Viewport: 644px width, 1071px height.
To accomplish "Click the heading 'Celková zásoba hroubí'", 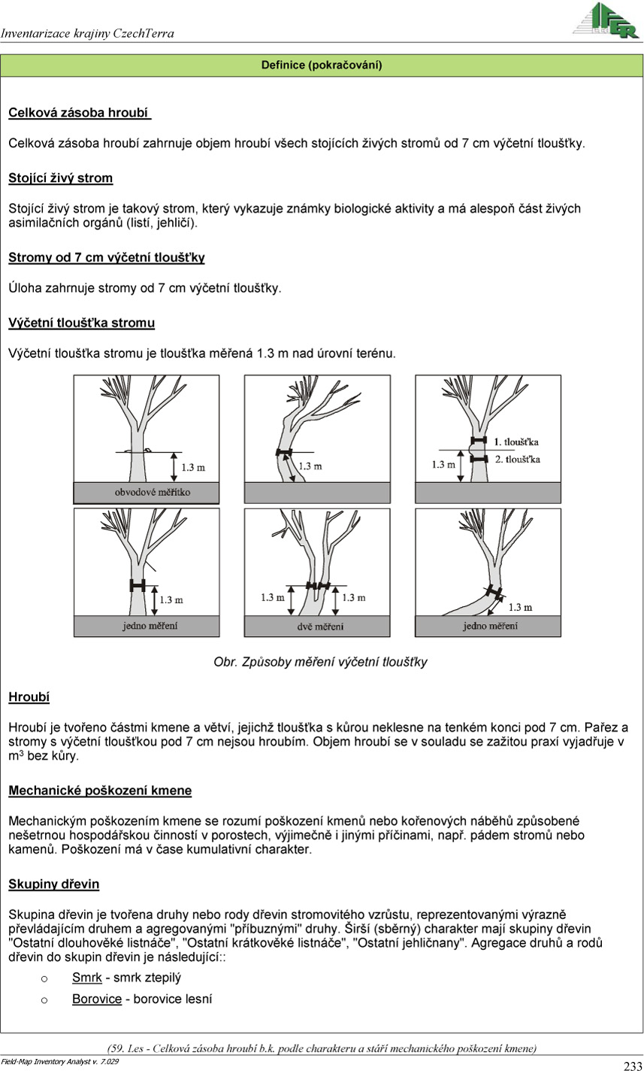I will point(79,114).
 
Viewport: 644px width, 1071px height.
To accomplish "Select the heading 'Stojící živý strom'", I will point(60,178).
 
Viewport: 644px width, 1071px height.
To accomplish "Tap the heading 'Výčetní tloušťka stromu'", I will point(81,323).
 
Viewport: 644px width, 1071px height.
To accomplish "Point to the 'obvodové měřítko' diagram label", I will point(153,492).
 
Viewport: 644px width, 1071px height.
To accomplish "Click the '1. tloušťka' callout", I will point(516,441).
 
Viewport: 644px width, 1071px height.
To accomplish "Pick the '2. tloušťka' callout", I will point(517,459).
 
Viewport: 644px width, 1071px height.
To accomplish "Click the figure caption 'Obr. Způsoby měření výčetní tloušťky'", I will point(321,663).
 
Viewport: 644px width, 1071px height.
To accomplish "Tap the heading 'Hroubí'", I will point(29,697).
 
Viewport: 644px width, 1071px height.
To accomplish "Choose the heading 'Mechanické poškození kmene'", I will point(100,790).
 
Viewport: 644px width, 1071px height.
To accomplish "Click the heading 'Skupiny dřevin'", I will point(53,884).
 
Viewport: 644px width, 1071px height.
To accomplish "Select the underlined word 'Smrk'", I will point(86,978).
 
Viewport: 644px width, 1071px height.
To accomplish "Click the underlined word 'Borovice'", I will point(97,1000).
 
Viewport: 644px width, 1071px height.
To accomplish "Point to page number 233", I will point(632,1064).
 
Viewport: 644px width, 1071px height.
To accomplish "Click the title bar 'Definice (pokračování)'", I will point(322,65).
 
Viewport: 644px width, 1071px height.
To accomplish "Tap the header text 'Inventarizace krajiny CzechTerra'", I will point(87,33).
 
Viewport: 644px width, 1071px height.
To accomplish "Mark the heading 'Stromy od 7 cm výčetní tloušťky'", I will point(106,258).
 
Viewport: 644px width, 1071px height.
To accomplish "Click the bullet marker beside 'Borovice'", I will point(44,1000).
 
